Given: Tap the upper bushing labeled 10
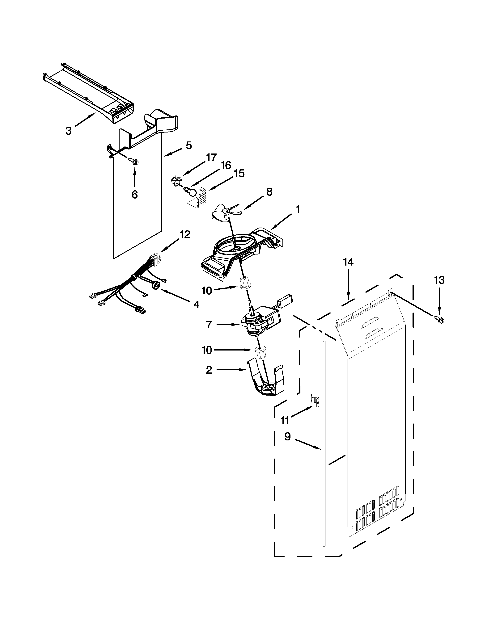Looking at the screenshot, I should [245, 283].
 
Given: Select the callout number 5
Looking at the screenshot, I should [188, 146].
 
